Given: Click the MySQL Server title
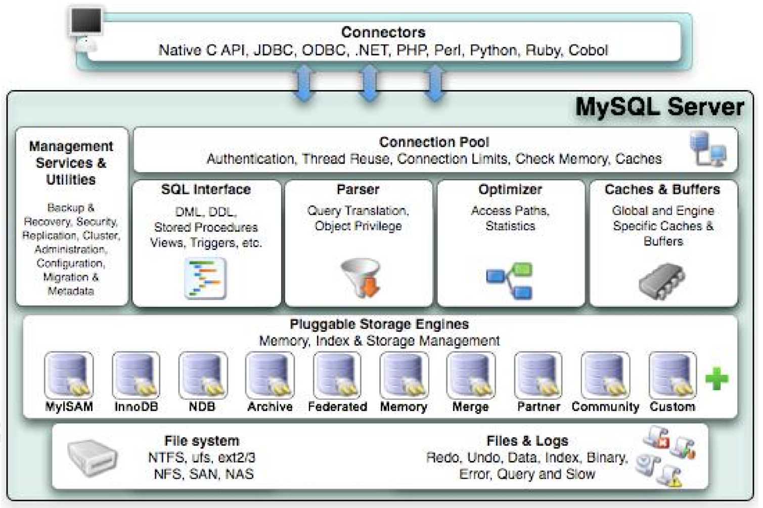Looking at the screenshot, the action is point(660,107).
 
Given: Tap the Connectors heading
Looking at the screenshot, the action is point(383,32).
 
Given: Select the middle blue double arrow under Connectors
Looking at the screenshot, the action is point(370,83).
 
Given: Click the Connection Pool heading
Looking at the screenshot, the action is point(434,142).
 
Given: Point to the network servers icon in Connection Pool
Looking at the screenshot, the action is point(708,149).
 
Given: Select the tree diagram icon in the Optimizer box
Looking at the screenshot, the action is point(509,281).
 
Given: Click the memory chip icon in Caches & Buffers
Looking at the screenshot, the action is point(662,281).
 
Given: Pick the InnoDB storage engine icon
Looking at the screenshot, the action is point(136,375).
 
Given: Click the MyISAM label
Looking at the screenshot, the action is point(69,407).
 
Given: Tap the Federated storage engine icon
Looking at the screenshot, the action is point(337,375).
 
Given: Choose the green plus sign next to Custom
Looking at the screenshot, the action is point(716,378).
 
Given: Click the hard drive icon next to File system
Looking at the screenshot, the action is point(93,457).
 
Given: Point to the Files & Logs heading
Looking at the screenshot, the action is point(528,441).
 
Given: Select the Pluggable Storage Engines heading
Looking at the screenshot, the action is point(379,324).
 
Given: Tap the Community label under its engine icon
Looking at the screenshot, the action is point(605,407).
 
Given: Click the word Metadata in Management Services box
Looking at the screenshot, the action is point(71,291).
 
